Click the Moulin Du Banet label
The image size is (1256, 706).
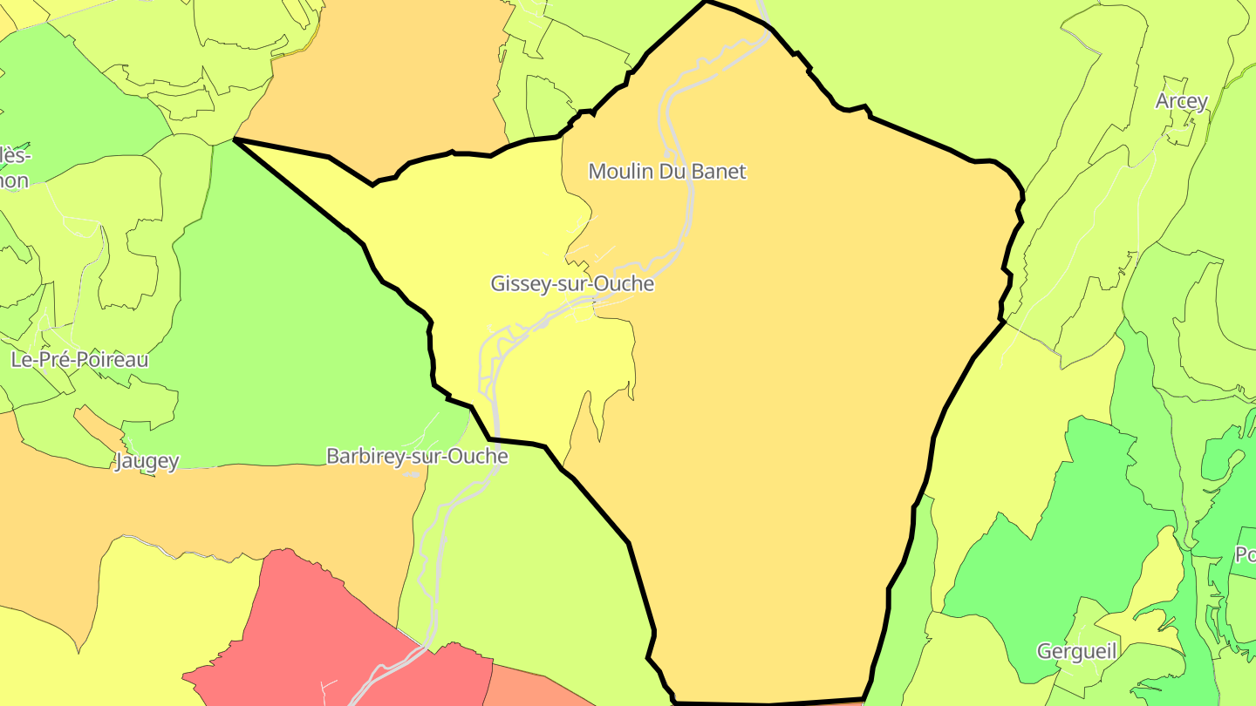click(667, 171)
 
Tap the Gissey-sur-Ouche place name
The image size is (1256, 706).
click(572, 283)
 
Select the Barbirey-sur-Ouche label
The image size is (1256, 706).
click(417, 456)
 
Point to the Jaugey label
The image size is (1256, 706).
click(147, 461)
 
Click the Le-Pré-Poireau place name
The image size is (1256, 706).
click(79, 359)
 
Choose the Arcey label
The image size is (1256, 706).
click(1182, 101)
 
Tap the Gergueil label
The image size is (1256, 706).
click(1076, 650)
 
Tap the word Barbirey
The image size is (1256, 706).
click(363, 456)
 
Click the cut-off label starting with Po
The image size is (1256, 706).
click(1245, 554)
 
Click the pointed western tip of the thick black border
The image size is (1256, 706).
click(235, 139)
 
